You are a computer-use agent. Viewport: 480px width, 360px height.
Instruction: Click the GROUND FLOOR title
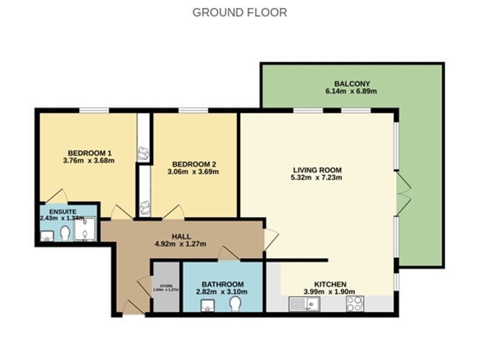pyautogui.click(x=239, y=12)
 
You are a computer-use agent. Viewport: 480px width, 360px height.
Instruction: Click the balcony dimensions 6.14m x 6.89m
pyautogui.click(x=351, y=91)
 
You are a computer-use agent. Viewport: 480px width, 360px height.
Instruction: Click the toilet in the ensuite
pyautogui.click(x=65, y=234)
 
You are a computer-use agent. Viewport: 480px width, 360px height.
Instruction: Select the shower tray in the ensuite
pyautogui.click(x=85, y=229)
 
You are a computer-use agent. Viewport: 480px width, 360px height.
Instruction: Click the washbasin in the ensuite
pyautogui.click(x=47, y=235)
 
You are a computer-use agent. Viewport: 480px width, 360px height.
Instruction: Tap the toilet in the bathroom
pyautogui.click(x=234, y=304)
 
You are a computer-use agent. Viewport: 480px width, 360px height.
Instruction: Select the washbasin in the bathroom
pyautogui.click(x=208, y=305)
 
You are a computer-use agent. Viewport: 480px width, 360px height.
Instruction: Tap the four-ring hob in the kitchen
pyautogui.click(x=354, y=304)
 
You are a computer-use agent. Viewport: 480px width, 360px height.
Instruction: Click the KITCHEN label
pyautogui.click(x=331, y=283)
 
